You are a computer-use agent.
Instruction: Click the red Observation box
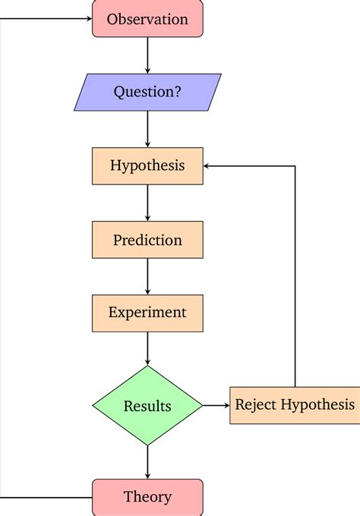point(147,19)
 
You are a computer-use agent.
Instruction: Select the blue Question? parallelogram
point(147,92)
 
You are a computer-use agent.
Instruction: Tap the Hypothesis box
point(147,165)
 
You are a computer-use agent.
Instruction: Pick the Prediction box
point(147,240)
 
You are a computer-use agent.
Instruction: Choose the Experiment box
point(147,312)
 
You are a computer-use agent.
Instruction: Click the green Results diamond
point(147,405)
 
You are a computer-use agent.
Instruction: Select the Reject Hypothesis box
point(294,404)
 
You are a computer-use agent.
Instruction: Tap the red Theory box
point(147,497)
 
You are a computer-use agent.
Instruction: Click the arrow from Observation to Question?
point(147,55)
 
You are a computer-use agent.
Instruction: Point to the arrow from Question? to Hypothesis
point(147,129)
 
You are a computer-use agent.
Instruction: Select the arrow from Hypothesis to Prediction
point(147,203)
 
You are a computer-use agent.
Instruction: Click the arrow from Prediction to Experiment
point(147,276)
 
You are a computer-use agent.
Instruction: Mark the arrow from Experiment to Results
point(147,348)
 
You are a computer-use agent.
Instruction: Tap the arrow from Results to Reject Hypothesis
point(216,405)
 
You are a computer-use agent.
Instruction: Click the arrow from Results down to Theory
point(147,461)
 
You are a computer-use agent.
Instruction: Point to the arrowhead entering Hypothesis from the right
point(208,165)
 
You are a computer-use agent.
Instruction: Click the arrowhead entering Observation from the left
point(88,19)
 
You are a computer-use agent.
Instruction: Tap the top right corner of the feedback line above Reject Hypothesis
point(295,165)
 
